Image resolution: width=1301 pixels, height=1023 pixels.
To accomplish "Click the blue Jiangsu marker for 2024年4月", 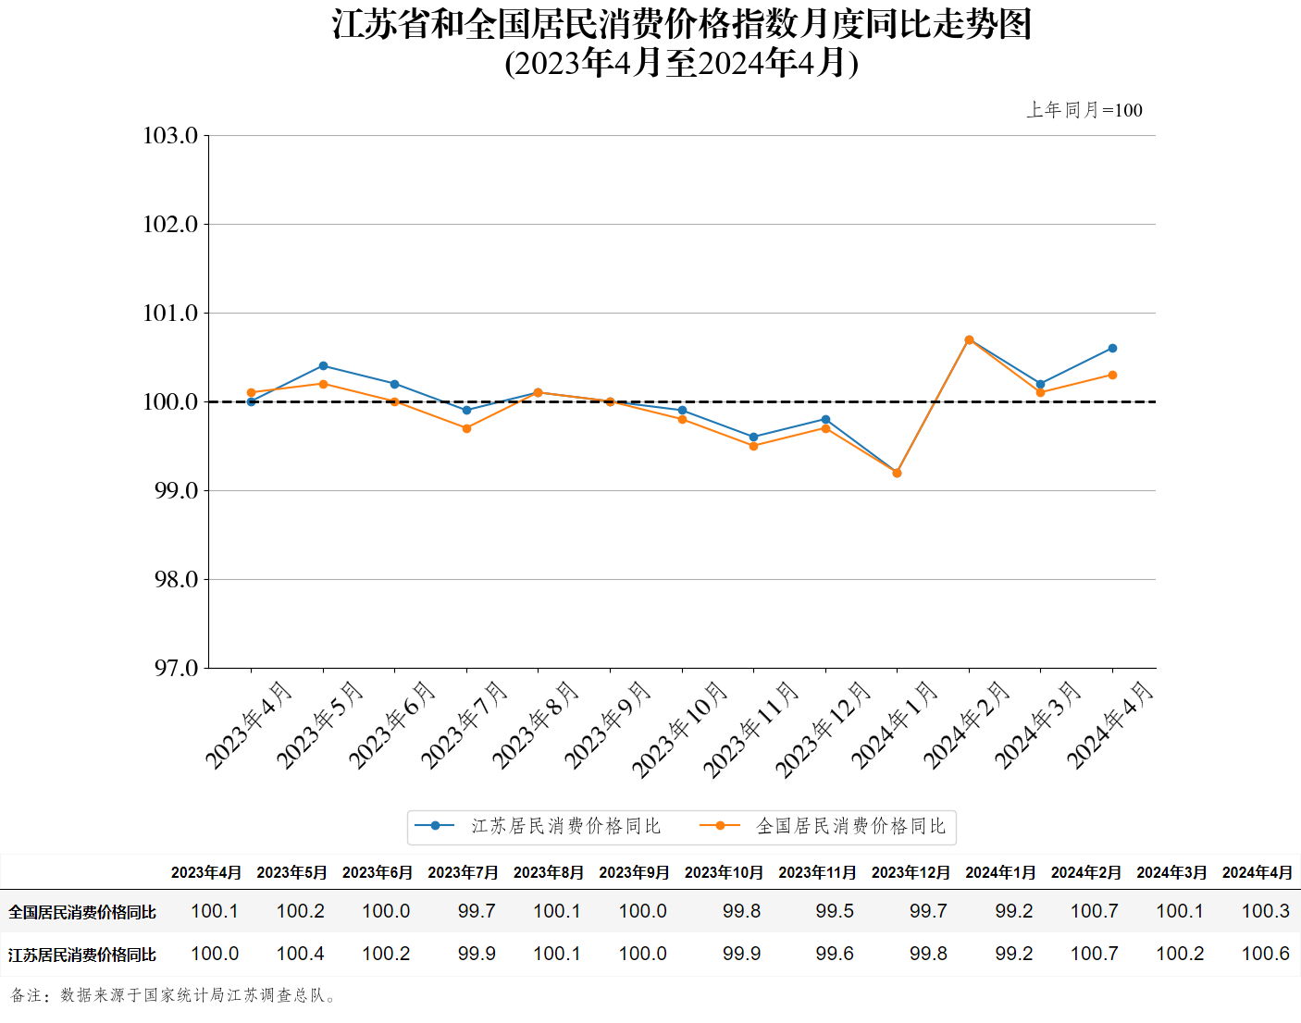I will click(1112, 349).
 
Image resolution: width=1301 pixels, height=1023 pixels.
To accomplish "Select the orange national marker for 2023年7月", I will click(466, 428).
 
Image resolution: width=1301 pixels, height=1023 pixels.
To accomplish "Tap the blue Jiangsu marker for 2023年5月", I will click(323, 366).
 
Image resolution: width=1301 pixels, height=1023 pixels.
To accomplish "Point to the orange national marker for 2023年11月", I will click(753, 446).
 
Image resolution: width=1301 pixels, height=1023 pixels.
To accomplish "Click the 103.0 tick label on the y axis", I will click(171, 136).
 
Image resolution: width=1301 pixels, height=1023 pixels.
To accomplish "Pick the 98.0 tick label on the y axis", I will click(176, 580).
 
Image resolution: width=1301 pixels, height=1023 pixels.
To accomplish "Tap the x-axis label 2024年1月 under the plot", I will click(894, 725).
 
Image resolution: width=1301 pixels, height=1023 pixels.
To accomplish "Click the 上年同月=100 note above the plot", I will click(1084, 110).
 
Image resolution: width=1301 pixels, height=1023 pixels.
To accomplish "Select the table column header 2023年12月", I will click(911, 872).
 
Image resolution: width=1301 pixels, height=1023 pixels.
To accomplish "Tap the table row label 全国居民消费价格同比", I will click(82, 912).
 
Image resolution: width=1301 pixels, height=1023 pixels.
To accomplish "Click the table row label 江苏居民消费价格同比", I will click(82, 955).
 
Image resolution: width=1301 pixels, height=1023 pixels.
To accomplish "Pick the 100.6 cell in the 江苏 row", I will click(1265, 954).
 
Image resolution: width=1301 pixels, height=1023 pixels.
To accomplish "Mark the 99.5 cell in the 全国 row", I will click(835, 911).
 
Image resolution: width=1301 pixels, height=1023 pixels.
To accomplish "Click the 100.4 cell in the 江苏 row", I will click(300, 954).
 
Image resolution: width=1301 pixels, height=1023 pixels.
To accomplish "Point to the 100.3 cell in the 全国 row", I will click(1265, 911).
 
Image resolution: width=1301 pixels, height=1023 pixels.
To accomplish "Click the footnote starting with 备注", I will click(175, 995).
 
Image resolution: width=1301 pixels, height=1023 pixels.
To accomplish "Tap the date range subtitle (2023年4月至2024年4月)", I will click(682, 63).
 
